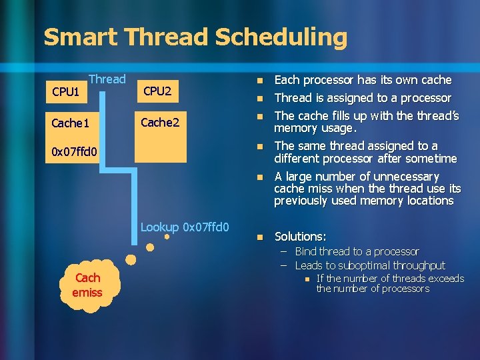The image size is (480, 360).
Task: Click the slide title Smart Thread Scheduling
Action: [x=195, y=37]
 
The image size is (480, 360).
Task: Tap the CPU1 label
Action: [x=65, y=92]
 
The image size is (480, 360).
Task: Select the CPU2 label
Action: [x=157, y=90]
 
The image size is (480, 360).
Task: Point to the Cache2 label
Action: [x=159, y=121]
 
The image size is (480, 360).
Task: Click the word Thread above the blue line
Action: [x=107, y=79]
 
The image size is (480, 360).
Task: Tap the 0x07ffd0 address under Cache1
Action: [x=74, y=153]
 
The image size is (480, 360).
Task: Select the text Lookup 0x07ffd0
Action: [x=185, y=227]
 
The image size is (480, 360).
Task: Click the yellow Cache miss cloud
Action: [x=88, y=285]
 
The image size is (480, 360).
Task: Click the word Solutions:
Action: [x=300, y=237]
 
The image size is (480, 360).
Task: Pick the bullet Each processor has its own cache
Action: [x=363, y=80]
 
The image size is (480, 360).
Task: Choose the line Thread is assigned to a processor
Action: [x=363, y=98]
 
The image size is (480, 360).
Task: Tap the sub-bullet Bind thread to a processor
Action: [x=357, y=251]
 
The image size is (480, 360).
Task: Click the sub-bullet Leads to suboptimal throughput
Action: [x=370, y=265]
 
